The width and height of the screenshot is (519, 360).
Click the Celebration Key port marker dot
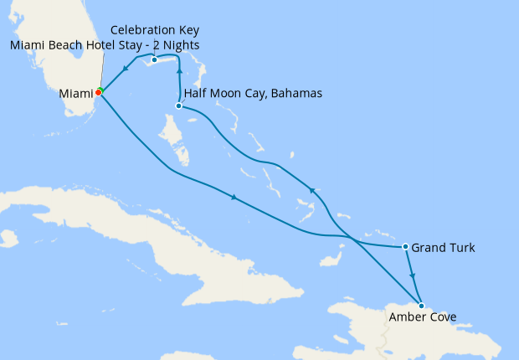tap(154, 60)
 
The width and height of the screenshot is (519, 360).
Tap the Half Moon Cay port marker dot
tap(179, 106)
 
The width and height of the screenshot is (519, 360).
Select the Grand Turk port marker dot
tap(405, 247)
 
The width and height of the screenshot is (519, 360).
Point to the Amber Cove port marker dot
tap(421, 306)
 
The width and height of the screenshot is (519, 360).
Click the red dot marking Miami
tap(98, 93)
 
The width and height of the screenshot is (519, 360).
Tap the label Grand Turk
tap(444, 248)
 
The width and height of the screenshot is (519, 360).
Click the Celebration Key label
tap(154, 29)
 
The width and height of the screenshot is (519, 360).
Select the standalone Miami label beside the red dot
tap(75, 94)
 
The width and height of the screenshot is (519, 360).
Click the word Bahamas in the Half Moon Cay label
tap(294, 93)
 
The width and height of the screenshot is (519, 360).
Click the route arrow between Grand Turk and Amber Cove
tap(412, 274)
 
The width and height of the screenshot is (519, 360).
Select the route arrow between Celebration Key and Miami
tap(125, 69)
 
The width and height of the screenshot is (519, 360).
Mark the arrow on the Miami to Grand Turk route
tap(234, 198)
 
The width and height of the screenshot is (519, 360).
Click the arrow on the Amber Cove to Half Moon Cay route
tap(312, 191)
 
